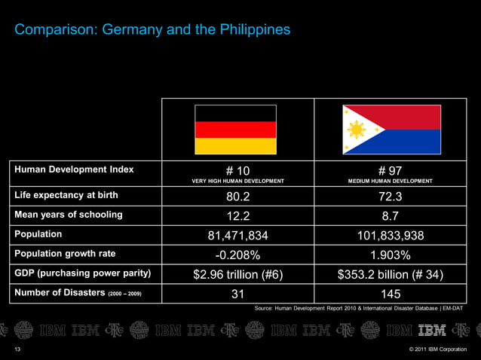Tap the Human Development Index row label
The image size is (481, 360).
coord(74,169)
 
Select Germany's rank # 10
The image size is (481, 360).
coord(237,170)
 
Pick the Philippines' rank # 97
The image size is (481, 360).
coord(390,170)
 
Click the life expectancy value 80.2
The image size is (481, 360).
coord(237,197)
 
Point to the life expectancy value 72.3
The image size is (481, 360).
coord(390,197)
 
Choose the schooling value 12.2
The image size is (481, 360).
coord(237,216)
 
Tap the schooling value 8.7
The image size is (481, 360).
coord(390,216)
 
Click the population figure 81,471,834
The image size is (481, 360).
coord(237,236)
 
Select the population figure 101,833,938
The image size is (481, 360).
coord(390,236)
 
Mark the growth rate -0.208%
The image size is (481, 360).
coord(237,255)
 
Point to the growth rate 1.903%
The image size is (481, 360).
coord(390,255)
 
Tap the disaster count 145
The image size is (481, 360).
coord(390,293)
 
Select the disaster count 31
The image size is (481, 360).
coord(237,293)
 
